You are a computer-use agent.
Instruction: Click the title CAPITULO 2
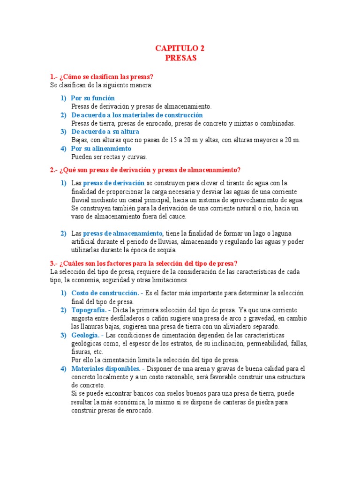pyautogui.click(x=180, y=48)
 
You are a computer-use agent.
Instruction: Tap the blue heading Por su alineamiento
pyautogui.click(x=101, y=149)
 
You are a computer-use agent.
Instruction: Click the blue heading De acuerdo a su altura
pyautogui.click(x=105, y=132)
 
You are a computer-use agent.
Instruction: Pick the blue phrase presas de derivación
pyautogui.click(x=113, y=183)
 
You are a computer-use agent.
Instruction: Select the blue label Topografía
pyautogui.click(x=90, y=310)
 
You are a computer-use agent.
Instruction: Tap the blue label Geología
pyautogui.click(x=86, y=335)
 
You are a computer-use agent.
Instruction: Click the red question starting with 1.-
pyautogui.click(x=102, y=77)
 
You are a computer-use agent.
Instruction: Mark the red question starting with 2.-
pyautogui.click(x=145, y=170)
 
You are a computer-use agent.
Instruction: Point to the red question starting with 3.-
pyautogui.click(x=143, y=263)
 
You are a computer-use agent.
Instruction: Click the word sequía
pyautogui.click(x=166, y=250)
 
